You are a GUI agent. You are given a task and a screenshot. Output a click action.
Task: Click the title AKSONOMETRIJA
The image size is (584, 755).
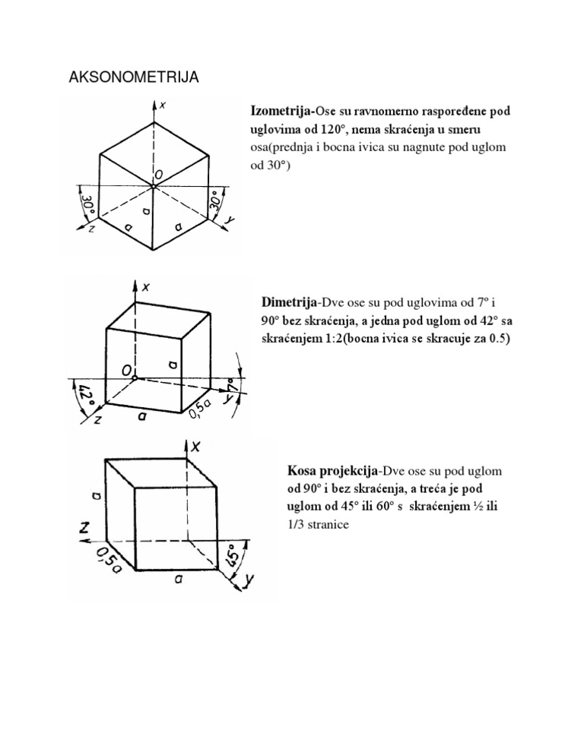(134, 78)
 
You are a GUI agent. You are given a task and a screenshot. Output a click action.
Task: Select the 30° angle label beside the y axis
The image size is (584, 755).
(218, 203)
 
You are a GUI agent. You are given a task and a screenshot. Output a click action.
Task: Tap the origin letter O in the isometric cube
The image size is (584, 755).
(157, 175)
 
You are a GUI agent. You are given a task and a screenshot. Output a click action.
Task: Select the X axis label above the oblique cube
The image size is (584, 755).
(195, 447)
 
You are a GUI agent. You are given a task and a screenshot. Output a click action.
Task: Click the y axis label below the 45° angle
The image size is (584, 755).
(249, 583)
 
